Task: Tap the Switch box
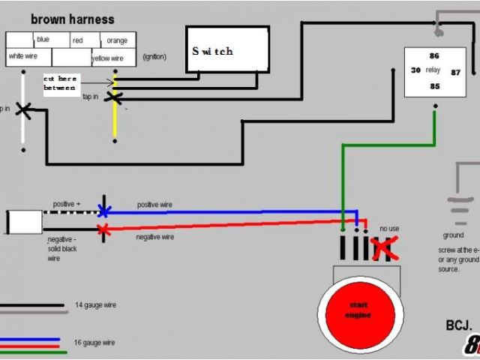tap(227, 50)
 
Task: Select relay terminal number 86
tap(434, 55)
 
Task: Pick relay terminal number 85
tap(434, 86)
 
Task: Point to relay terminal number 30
tap(415, 70)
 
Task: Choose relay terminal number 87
tap(455, 72)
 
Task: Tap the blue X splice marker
tap(104, 210)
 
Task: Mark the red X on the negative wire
tap(104, 229)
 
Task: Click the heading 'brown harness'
tap(73, 19)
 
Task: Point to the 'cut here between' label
tap(60, 82)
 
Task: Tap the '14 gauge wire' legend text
tap(95, 305)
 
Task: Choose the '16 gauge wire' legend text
tap(95, 342)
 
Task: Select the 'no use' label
tap(389, 228)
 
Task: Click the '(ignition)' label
tap(154, 57)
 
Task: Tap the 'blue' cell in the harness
tap(43, 40)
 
